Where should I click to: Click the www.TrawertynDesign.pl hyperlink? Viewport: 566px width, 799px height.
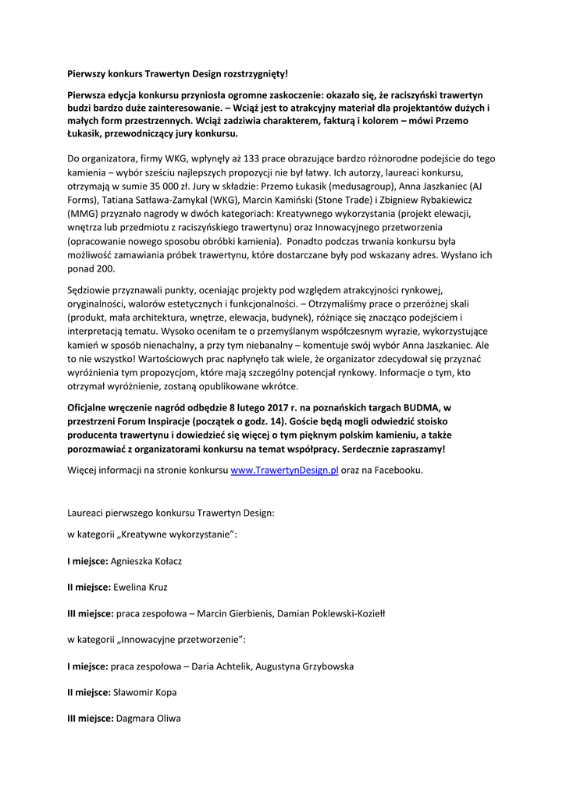pos(284,471)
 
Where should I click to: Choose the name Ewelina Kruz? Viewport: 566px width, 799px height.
pos(141,587)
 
